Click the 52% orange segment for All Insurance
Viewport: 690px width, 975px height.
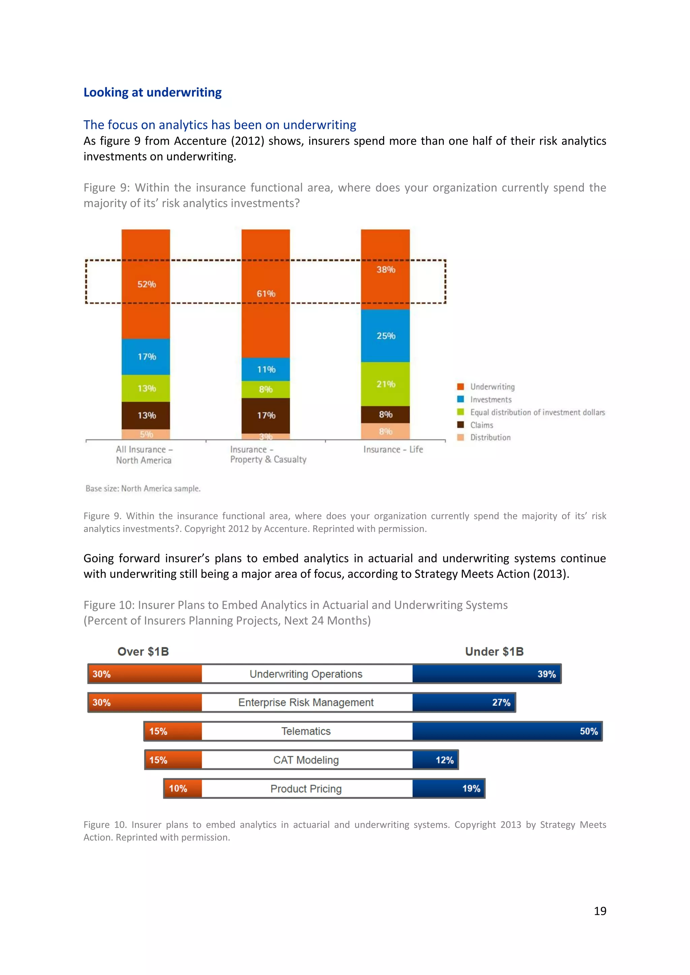[x=146, y=284]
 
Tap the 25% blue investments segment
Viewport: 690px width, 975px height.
[x=385, y=335]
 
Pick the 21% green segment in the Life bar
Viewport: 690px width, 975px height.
[x=385, y=384]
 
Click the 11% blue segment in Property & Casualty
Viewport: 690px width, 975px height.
[x=265, y=369]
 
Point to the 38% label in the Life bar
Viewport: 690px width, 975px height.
[x=385, y=269]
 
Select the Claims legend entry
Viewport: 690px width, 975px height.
[x=481, y=425]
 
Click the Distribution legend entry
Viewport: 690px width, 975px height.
[x=490, y=437]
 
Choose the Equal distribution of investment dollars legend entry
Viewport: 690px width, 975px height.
[x=537, y=412]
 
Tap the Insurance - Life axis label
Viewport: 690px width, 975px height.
[x=393, y=449]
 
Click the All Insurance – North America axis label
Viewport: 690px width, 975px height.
[x=144, y=455]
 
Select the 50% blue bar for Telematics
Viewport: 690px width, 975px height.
[x=507, y=731]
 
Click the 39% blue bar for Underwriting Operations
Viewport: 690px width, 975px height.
[x=486, y=674]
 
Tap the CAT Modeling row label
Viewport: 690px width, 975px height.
[x=306, y=760]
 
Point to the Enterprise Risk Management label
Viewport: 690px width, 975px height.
[x=306, y=702]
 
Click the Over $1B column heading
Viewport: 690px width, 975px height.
[x=143, y=651]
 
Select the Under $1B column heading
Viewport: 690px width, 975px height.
[x=494, y=651]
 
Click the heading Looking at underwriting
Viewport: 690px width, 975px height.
[x=153, y=92]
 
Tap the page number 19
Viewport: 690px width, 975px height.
[x=599, y=911]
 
